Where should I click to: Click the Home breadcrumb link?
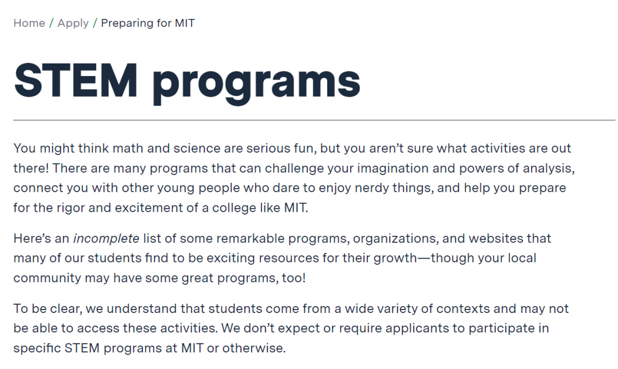pyautogui.click(x=29, y=23)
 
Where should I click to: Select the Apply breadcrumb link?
pyautogui.click(x=73, y=23)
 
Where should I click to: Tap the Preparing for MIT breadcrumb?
pyautogui.click(x=148, y=23)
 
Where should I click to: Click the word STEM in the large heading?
pyautogui.click(x=76, y=81)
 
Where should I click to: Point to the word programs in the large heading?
pyautogui.click(x=256, y=83)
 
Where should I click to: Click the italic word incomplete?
pyautogui.click(x=106, y=239)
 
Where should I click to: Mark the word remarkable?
pyautogui.click(x=250, y=239)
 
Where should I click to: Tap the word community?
pyautogui.click(x=47, y=278)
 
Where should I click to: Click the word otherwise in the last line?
pyautogui.click(x=254, y=348)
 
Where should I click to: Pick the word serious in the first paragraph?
pyautogui.click(x=268, y=149)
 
